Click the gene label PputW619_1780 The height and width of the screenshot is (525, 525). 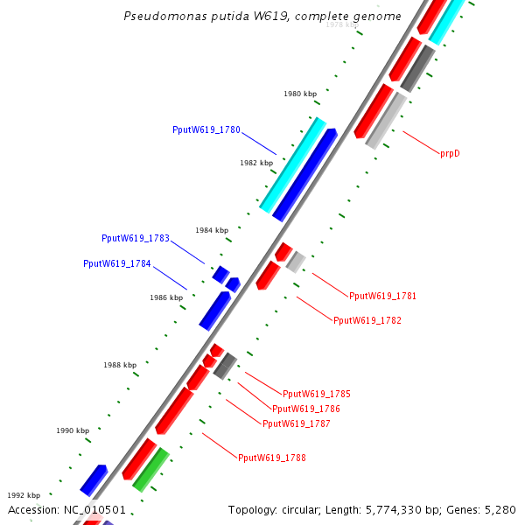coord(206,129)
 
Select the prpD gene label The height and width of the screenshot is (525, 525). coord(450,153)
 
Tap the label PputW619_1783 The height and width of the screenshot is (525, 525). coord(136,238)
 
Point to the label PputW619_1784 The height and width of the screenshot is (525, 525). coord(117,263)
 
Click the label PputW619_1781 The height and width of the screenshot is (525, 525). coord(382,296)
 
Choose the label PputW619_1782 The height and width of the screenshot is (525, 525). coord(367,320)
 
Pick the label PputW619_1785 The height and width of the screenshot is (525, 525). coord(316,394)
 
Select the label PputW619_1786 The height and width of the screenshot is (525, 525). coord(306,409)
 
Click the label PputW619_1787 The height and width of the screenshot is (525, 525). coord(297,423)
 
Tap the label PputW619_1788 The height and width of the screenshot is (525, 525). coord(272,457)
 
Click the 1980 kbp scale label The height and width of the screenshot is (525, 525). coord(300,94)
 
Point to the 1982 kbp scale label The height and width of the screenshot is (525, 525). coord(256,163)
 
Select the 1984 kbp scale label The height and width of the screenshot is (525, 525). coord(212,230)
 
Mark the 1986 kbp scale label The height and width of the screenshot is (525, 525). coord(166,297)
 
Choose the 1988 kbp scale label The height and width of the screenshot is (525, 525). coord(120,365)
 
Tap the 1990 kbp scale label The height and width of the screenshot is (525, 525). coord(73,430)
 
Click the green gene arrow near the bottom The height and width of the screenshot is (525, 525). coord(150,469)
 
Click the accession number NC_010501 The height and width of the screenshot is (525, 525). coord(94,509)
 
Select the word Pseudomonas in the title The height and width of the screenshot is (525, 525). coord(155,16)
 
